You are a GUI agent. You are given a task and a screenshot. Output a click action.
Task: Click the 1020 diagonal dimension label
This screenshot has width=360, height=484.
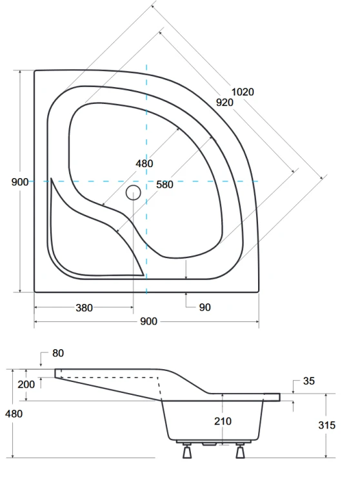243,92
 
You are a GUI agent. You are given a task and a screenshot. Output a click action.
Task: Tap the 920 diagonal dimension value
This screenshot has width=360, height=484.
225,102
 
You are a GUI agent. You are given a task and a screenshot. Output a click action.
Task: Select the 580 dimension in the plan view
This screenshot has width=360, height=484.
165,185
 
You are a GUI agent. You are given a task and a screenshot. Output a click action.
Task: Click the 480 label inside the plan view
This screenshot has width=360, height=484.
144,164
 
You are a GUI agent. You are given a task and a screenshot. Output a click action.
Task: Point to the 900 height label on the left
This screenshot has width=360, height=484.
20,182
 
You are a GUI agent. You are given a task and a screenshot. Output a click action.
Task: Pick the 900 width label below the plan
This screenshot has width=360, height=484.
148,321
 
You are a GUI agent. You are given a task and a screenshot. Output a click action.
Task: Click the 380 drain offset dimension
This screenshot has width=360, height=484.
84,308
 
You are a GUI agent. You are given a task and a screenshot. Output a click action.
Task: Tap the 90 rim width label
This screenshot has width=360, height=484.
205,307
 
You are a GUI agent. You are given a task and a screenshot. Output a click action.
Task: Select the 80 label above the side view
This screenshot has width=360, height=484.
58,353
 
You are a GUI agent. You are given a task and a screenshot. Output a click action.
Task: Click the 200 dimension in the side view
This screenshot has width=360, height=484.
26,385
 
